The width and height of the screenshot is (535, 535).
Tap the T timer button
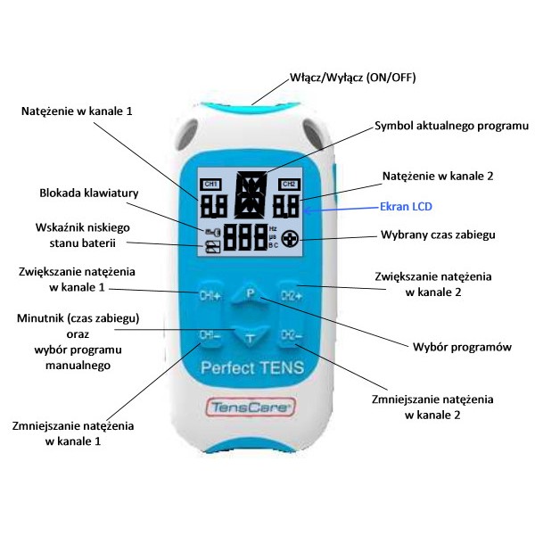click(x=251, y=337)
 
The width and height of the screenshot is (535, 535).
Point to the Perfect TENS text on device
click(x=251, y=366)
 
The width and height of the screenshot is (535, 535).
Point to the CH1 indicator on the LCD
click(x=210, y=184)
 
